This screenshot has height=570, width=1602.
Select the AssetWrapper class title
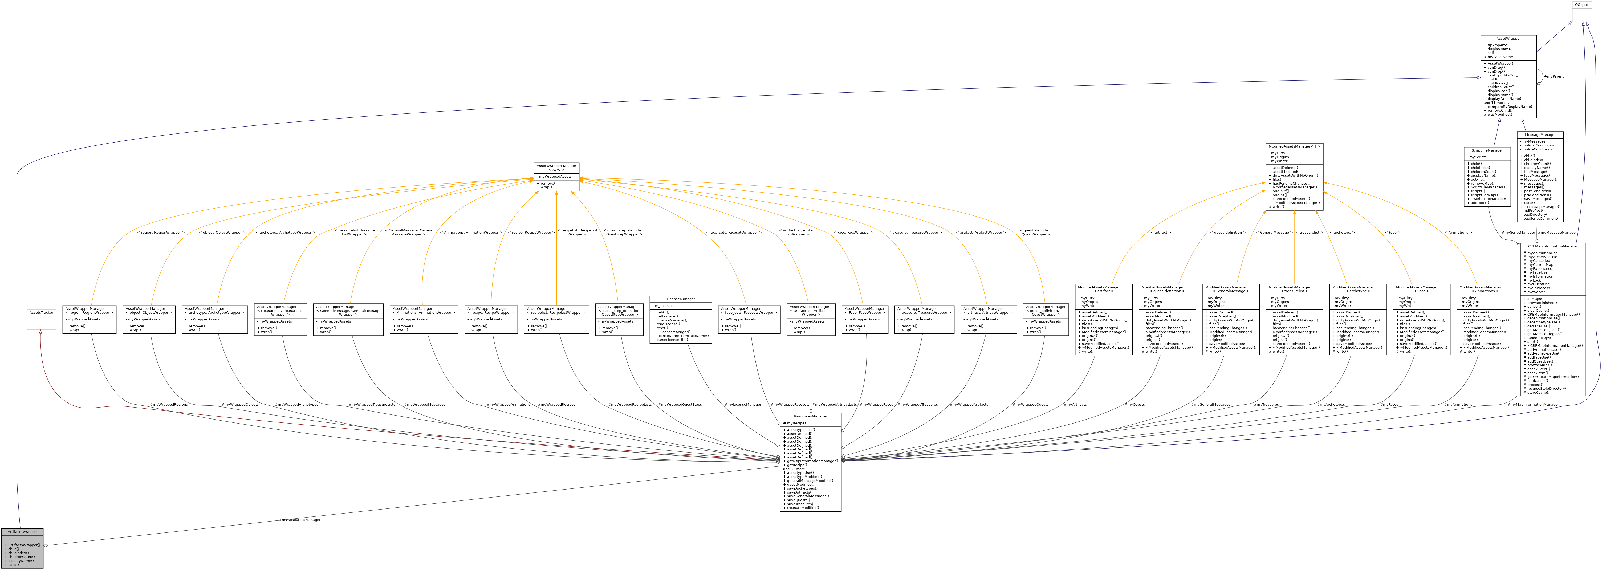tap(1508, 39)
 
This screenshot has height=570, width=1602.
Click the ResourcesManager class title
tap(810, 416)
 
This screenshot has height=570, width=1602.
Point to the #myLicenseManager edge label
tap(743, 405)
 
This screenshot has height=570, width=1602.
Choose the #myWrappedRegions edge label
tap(169, 405)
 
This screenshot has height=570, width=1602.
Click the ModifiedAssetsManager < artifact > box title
tap(1103, 289)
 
